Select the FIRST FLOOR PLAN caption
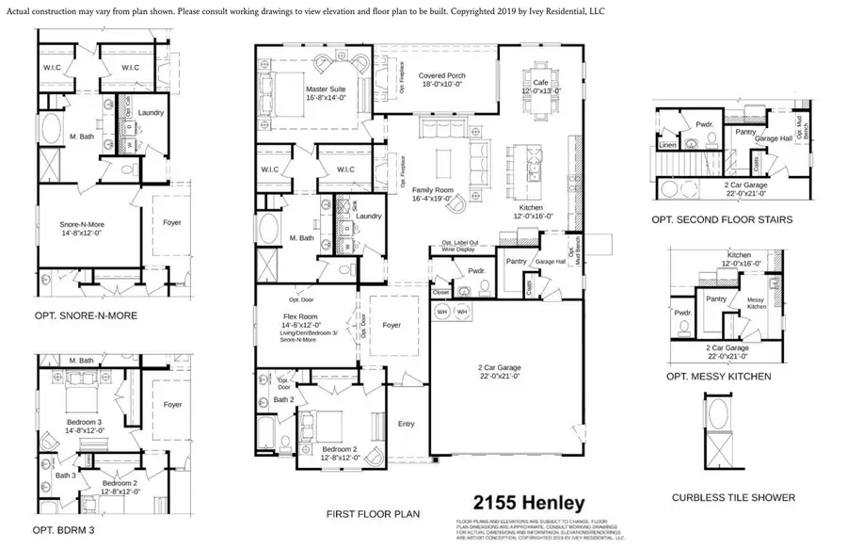tap(373, 514)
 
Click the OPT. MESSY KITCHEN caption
tap(718, 377)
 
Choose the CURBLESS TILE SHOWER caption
tap(733, 497)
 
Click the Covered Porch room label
tap(442, 76)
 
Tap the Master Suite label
tap(326, 90)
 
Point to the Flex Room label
tap(304, 316)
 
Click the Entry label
tap(406, 424)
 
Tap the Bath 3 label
tap(64, 475)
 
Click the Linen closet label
tap(667, 146)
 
